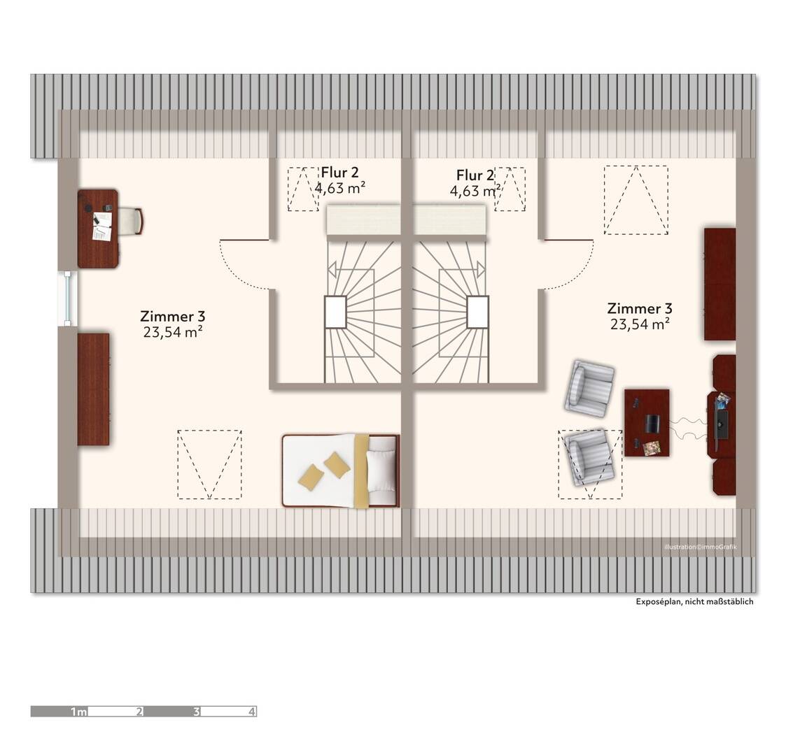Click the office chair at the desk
(x=131, y=221)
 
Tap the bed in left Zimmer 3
(x=341, y=470)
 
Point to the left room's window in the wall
(x=67, y=298)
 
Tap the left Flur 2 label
(x=340, y=173)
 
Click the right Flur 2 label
(x=475, y=175)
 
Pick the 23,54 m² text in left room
(x=173, y=333)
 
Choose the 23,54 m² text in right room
(x=640, y=324)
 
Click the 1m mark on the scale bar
(x=78, y=712)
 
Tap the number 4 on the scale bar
(x=251, y=712)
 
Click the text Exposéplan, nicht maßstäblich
(x=694, y=602)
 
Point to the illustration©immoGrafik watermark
(x=700, y=547)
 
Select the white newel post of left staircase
(x=335, y=312)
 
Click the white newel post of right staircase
(x=477, y=312)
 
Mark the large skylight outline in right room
(x=636, y=200)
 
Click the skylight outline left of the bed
(x=209, y=464)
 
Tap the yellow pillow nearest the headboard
(x=337, y=465)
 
